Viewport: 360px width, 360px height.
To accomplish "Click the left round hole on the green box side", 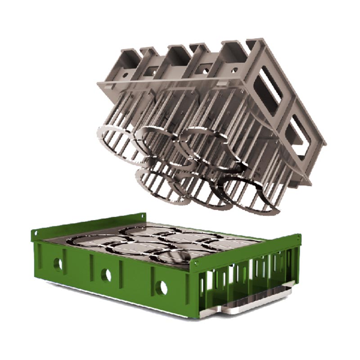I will click(58, 264).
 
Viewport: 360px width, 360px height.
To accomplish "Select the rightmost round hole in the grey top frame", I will click(234, 70).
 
